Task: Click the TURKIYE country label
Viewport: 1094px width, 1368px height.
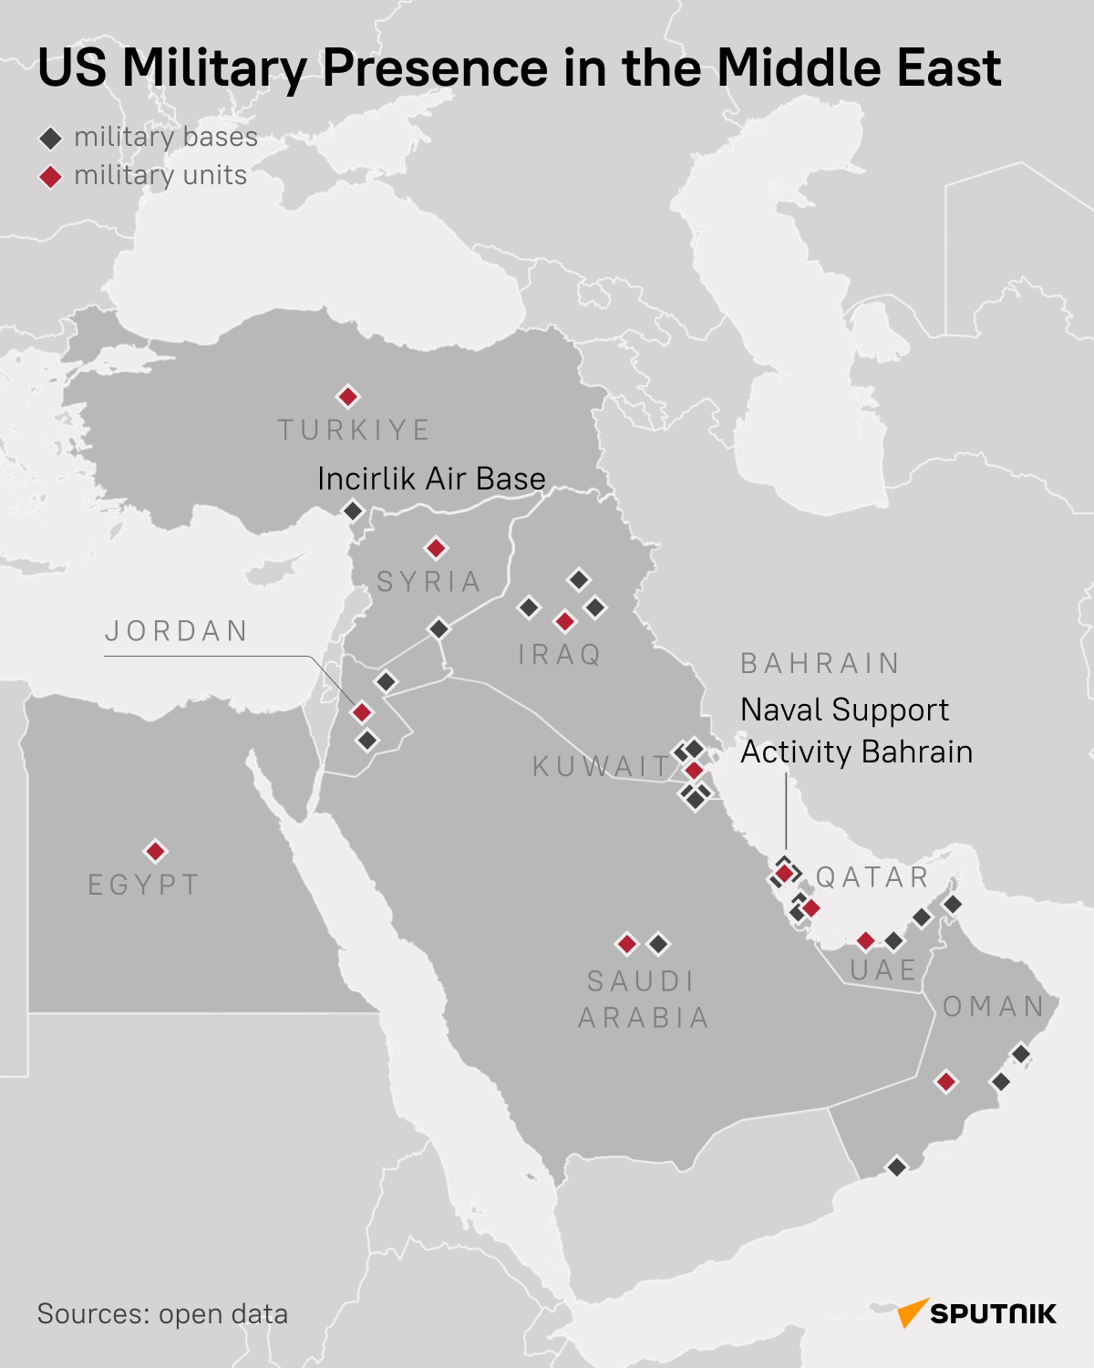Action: [x=354, y=430]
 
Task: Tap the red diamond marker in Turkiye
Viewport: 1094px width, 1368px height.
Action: [x=347, y=397]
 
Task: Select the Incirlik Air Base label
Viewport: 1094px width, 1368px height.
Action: [x=431, y=479]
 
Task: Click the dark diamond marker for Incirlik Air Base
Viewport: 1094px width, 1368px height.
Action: [x=353, y=511]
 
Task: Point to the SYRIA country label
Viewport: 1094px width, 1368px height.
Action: [x=428, y=581]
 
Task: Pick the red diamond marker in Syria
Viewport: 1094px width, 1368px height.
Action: [x=436, y=548]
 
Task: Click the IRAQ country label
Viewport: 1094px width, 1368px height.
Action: [x=560, y=654]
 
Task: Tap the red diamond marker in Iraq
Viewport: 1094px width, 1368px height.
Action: [x=565, y=622]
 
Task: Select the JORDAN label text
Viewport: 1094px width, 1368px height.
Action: [x=177, y=631]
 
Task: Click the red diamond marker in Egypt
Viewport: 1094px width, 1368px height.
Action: [x=156, y=851]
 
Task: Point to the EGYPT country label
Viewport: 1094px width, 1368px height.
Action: [x=144, y=885]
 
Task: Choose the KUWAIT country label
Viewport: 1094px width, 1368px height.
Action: [x=602, y=766]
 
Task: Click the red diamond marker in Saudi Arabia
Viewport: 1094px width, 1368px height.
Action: [x=626, y=944]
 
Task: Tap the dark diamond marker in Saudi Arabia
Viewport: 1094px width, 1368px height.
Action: [x=658, y=944]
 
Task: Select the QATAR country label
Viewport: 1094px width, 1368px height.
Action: [x=872, y=877]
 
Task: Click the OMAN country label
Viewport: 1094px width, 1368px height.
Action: [x=994, y=1006]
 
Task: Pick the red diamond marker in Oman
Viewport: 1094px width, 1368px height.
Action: [x=946, y=1082]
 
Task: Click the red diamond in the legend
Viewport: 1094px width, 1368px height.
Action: [x=50, y=176]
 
